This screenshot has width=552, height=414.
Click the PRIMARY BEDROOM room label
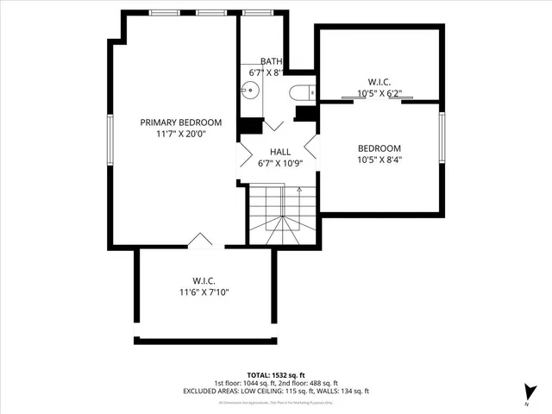181,122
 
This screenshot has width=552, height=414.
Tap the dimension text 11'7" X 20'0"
181,135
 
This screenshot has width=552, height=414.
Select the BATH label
272,61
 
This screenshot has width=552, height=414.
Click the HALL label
279,152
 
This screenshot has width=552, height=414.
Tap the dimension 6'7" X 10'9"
279,164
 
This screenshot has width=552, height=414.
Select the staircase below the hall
283,216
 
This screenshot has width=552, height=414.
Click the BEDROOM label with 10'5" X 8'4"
379,147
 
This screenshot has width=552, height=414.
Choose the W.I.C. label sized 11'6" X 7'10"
204,281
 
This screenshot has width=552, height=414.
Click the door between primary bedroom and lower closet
200,241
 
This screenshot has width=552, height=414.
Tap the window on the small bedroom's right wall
442,135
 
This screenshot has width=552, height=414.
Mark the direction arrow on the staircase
298,196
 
